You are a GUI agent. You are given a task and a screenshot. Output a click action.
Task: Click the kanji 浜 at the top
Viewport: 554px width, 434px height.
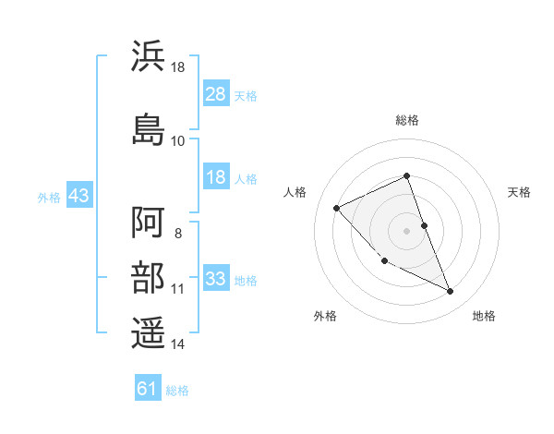149,55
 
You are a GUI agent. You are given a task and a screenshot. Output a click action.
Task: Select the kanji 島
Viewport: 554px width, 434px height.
149,128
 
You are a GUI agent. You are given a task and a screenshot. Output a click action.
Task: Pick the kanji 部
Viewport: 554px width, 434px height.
149,279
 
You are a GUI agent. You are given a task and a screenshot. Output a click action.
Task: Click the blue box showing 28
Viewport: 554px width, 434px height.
216,94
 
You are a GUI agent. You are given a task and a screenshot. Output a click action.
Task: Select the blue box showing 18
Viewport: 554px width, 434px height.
216,177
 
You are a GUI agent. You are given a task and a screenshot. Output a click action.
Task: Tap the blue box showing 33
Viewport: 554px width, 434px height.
216,279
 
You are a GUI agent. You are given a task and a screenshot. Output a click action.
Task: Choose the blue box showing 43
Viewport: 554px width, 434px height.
78,196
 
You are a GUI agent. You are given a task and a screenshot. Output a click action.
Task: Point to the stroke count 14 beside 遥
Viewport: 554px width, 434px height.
178,344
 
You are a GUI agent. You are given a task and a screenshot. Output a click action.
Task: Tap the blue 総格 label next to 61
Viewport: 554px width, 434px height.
178,390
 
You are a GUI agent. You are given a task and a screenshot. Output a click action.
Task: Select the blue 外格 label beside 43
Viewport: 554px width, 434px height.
49,197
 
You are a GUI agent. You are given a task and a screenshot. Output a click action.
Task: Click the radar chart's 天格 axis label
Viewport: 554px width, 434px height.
519,192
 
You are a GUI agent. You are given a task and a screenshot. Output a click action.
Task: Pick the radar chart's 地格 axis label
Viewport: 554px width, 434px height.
484,316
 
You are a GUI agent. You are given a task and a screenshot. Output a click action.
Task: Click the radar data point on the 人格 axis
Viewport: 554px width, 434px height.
337,208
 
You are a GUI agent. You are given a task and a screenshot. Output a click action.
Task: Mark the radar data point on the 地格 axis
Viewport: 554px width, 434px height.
451,292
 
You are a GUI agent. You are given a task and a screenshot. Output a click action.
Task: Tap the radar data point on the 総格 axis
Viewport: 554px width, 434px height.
407,175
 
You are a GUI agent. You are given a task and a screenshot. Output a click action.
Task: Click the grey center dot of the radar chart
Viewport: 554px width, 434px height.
407,230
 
